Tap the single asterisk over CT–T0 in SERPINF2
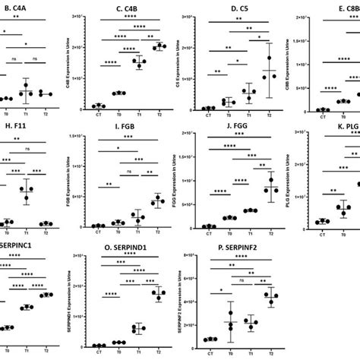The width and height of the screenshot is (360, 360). [x=218, y=290]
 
